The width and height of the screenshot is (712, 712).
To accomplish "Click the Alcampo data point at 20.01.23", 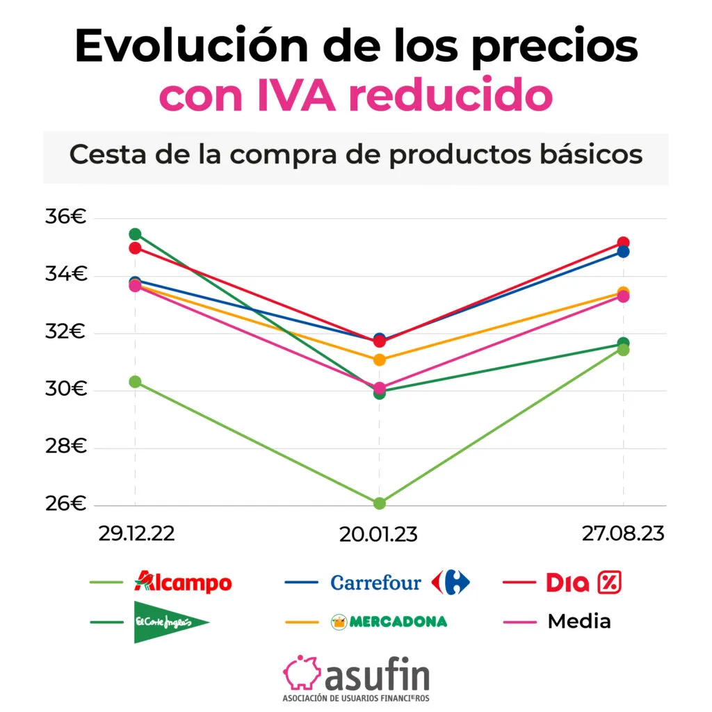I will [379, 503].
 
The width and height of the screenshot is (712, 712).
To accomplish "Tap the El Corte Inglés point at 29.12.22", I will [135, 234].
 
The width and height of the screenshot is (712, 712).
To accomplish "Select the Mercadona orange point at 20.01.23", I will [379, 359].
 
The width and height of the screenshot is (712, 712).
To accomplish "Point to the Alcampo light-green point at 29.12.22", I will [135, 381].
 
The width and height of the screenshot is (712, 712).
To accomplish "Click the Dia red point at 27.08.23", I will [623, 243].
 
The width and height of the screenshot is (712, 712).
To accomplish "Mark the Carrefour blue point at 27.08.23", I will [623, 252].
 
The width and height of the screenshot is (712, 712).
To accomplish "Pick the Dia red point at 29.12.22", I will [135, 248].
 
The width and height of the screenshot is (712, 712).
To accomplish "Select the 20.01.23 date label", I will [379, 535].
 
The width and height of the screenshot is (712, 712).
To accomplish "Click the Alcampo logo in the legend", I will [183, 582].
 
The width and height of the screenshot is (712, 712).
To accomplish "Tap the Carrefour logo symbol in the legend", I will [451, 582].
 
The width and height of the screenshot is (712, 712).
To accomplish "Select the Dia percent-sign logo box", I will [608, 583].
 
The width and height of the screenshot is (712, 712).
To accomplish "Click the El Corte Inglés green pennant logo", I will [171, 621].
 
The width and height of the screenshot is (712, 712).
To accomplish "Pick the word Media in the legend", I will [579, 621].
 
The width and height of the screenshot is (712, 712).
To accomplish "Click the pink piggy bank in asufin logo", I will [301, 673].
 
